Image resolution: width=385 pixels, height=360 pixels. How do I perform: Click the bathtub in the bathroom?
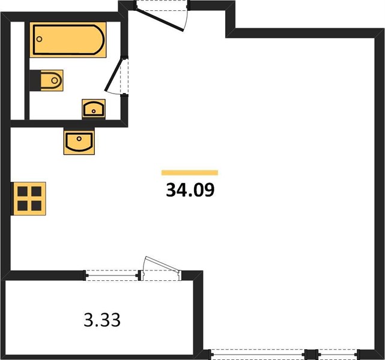click(68, 40)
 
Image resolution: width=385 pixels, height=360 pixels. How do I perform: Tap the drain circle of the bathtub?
click(39, 39)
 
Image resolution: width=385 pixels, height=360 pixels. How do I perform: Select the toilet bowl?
click(52, 80)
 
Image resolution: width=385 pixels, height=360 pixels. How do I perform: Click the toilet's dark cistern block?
click(35, 80)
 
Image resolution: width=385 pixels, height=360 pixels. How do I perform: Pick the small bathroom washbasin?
click(94, 109)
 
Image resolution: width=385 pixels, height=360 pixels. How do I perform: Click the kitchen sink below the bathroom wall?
click(79, 142)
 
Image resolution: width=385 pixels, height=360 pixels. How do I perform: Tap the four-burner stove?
click(29, 199)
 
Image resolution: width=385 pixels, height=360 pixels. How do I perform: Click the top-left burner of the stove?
click(22, 191)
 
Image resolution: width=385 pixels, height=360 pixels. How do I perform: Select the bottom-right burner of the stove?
click(37, 206)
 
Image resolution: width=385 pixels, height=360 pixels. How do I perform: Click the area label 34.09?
click(190, 190)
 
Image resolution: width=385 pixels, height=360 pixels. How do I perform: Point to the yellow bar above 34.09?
click(190, 173)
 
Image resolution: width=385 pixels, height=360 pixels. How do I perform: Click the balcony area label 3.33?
click(102, 320)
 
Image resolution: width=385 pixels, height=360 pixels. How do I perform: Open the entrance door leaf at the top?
click(160, 20)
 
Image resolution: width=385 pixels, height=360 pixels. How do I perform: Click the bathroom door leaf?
click(114, 74)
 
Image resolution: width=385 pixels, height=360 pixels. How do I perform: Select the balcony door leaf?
click(162, 264)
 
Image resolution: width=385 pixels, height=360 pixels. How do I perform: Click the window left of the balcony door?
click(112, 275)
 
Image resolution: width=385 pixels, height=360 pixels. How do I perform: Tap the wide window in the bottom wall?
click(258, 354)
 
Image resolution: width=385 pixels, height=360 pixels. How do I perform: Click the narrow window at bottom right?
click(338, 354)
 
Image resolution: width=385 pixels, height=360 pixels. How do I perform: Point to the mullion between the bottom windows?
click(311, 354)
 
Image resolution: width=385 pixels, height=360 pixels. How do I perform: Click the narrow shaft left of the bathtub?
click(17, 71)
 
